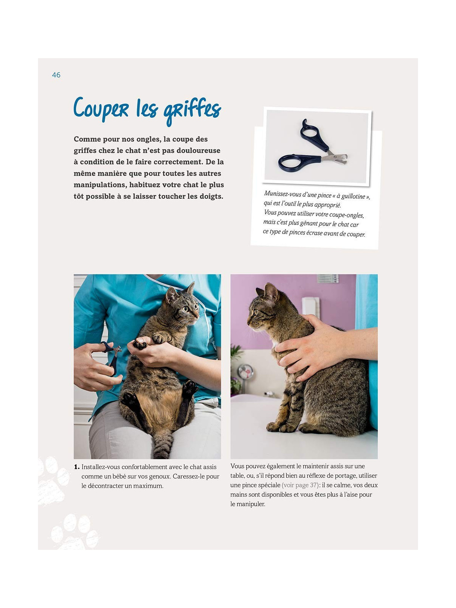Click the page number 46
click(x=56, y=75)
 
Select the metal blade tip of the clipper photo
click(x=342, y=158)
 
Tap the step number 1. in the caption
click(x=77, y=467)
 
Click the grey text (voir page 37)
click(x=300, y=485)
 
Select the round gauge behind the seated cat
click(x=245, y=371)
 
